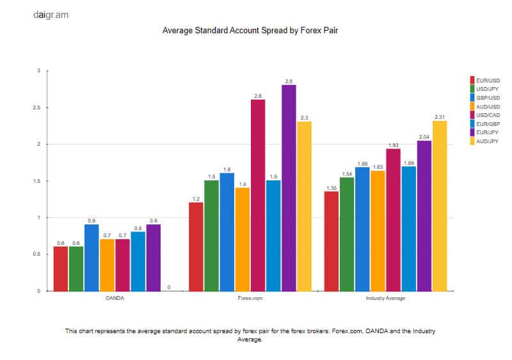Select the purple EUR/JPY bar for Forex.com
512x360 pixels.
click(289, 188)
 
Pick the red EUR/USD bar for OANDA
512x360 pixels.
click(61, 269)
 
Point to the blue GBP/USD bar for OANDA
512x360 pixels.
click(92, 258)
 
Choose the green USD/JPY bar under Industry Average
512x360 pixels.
click(347, 234)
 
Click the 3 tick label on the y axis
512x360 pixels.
click(38, 71)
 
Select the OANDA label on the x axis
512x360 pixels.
click(115, 299)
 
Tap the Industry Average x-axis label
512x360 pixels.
click(385, 299)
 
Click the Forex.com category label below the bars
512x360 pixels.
click(250, 299)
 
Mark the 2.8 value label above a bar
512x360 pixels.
click(289, 81)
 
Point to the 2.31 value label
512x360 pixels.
click(440, 117)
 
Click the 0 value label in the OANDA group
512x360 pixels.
click(168, 288)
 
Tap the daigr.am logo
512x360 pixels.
click(51, 14)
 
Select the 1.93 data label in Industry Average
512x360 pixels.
click(393, 145)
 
